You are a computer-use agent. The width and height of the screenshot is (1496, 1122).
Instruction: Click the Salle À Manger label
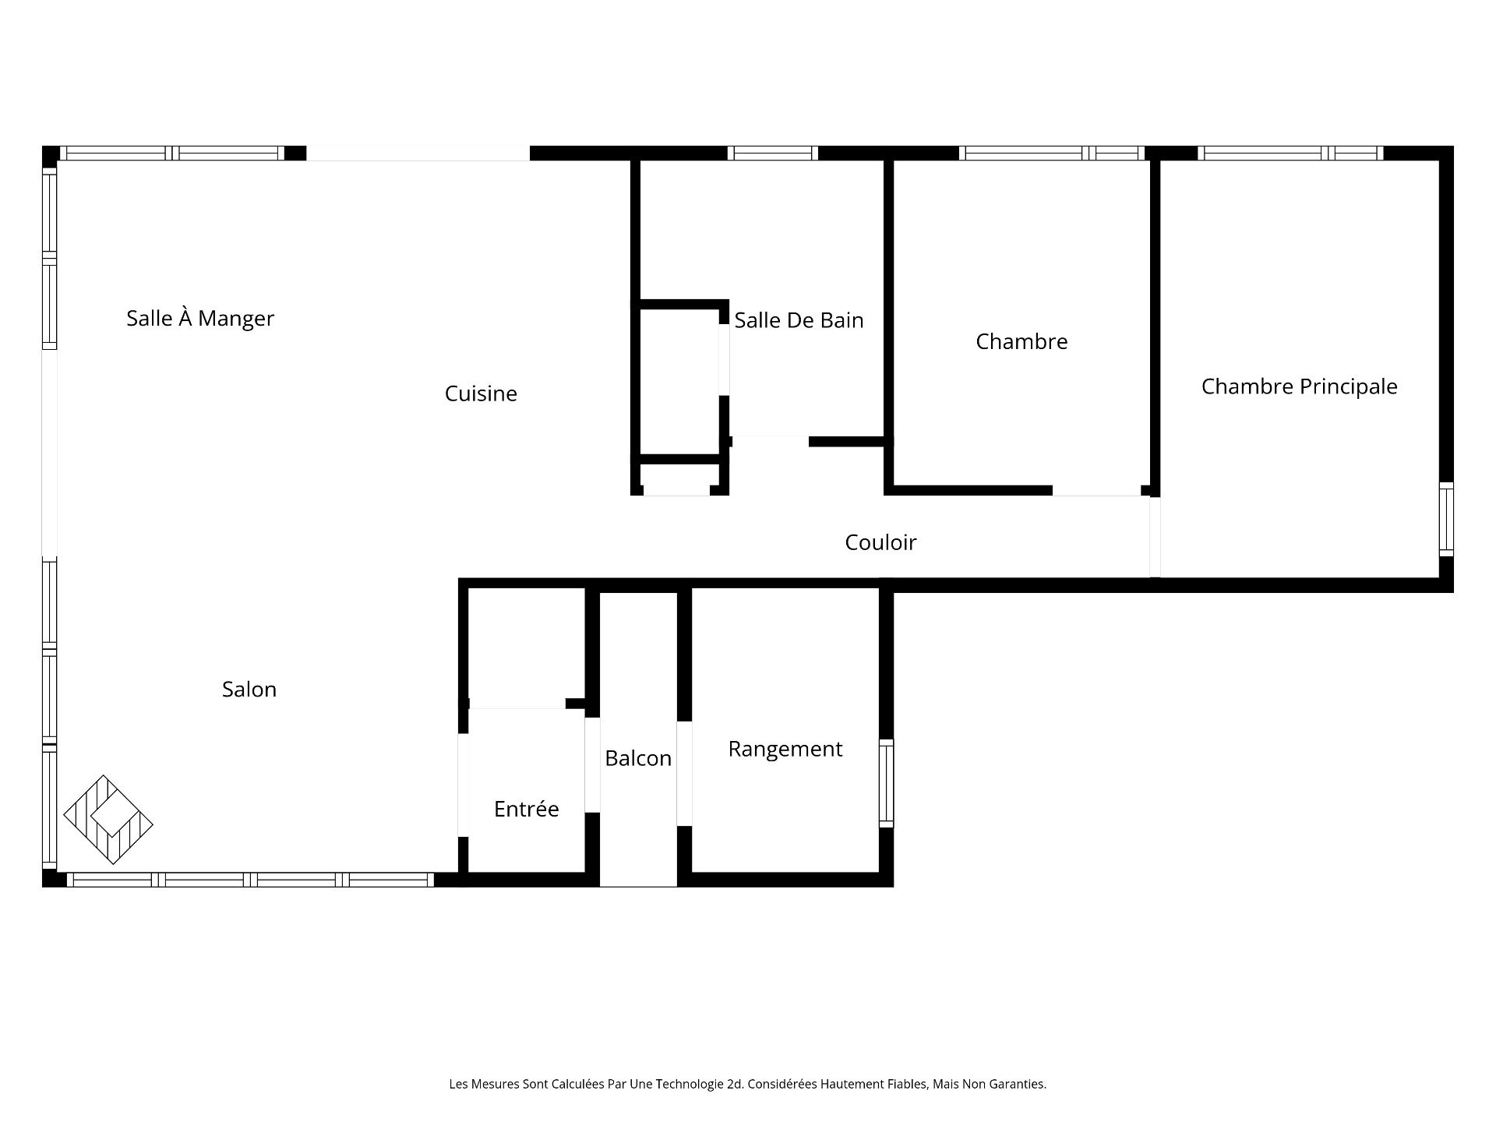(x=200, y=318)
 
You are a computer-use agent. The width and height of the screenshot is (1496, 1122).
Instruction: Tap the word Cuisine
(x=481, y=393)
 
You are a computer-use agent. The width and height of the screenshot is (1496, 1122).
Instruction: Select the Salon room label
(x=249, y=689)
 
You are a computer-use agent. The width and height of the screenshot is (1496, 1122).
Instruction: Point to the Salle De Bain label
(x=799, y=320)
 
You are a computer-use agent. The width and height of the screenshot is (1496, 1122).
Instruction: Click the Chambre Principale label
(x=1299, y=386)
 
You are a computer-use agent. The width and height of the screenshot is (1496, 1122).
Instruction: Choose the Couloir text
(x=880, y=542)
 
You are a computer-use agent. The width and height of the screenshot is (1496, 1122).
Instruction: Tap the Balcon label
(x=638, y=758)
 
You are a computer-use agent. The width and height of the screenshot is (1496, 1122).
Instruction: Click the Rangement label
(x=785, y=749)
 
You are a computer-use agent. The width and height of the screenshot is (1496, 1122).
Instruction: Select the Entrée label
(x=527, y=809)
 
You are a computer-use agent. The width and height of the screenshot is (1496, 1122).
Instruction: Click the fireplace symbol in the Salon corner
(x=108, y=820)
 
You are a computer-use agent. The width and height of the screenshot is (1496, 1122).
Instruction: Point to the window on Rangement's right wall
(x=887, y=783)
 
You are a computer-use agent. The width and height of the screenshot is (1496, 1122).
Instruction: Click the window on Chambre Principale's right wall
(x=1446, y=520)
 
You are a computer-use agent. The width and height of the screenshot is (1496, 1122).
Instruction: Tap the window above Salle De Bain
(x=773, y=153)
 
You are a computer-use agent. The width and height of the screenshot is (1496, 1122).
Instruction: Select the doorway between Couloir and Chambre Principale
(x=1155, y=537)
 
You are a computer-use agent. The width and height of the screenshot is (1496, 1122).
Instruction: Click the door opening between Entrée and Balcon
(x=592, y=765)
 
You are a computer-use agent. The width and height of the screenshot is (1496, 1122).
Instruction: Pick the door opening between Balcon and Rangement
(x=684, y=774)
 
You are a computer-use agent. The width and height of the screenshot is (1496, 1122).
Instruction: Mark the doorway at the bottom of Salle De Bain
(x=771, y=441)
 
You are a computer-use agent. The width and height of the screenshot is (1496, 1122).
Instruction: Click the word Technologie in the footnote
(x=700, y=1084)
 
